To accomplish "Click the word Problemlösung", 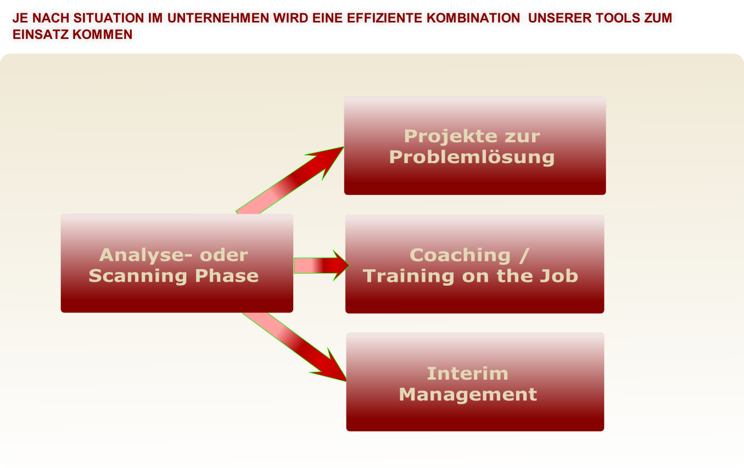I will pyautogui.click(x=472, y=157).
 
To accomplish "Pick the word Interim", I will pyautogui.click(x=467, y=374).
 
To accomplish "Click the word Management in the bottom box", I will pyautogui.click(x=468, y=394).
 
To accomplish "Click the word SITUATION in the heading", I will pyautogui.click(x=115, y=18).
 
